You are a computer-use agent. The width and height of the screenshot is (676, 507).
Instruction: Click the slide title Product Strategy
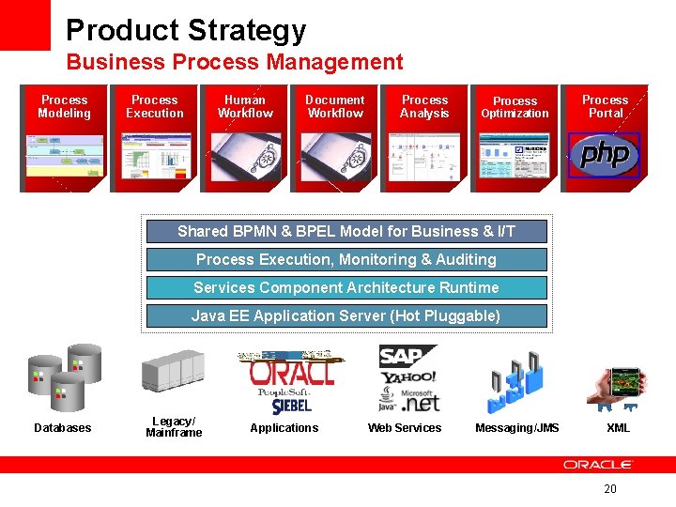186,30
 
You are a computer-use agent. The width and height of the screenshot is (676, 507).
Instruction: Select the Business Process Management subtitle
235,63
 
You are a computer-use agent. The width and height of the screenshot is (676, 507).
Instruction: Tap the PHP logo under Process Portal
604,155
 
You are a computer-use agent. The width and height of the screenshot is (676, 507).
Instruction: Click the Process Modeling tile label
65,107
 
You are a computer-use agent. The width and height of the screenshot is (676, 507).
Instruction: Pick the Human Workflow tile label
245,107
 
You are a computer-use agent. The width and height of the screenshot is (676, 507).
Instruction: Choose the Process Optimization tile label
515,107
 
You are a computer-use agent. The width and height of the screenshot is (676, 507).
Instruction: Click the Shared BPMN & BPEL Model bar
346,231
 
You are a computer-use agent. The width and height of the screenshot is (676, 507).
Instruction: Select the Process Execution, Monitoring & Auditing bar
346,259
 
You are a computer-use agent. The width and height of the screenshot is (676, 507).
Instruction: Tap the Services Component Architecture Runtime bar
346,287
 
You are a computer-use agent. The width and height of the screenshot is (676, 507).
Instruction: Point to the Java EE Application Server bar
346,315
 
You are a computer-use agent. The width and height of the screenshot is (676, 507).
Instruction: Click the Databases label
63,428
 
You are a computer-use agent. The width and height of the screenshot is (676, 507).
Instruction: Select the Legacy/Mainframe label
174,427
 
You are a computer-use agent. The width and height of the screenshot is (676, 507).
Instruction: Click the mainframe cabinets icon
173,371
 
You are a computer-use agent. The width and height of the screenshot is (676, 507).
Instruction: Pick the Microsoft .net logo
419,401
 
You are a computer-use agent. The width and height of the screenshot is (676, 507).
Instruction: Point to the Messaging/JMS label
517,428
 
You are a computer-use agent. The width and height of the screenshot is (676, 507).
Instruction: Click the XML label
618,428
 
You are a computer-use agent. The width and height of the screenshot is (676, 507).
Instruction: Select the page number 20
610,489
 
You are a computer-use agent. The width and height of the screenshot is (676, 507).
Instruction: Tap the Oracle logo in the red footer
598,465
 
